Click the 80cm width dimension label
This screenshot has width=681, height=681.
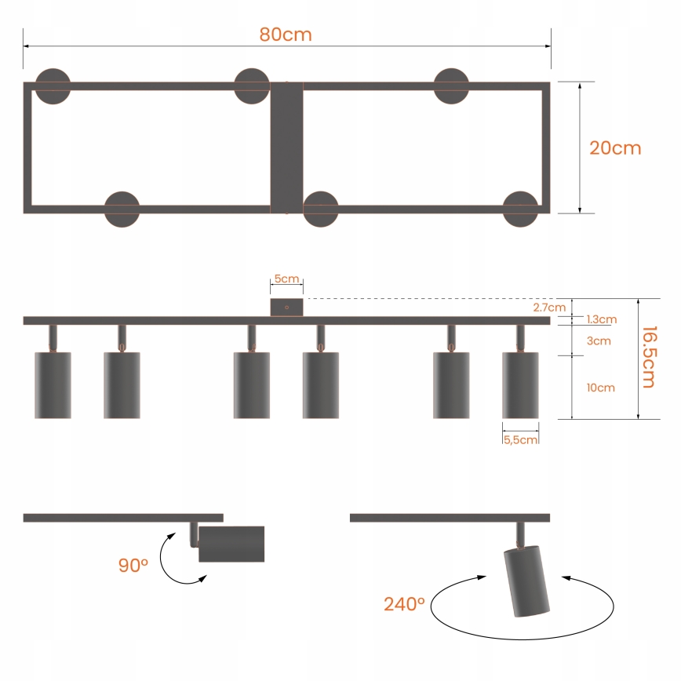pos(286,35)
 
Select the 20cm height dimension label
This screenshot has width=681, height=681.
pos(615,148)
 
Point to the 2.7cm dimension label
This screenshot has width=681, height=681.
pos(549,307)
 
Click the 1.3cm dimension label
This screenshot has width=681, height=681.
pos(601,319)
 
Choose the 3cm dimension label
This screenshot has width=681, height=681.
pos(598,341)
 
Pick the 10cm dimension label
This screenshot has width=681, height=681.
pos(600,388)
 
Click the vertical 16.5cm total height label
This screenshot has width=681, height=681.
pos(648,357)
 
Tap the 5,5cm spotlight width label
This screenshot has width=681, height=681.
pos(520,440)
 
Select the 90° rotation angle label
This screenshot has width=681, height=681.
pos(133,565)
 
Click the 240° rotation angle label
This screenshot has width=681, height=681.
pos(404,604)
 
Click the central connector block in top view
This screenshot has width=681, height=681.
pos(286,148)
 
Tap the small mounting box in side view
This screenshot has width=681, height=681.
pos(286,307)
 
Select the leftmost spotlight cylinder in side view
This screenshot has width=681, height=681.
pos(53,385)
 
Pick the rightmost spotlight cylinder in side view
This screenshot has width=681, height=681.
pos(520,385)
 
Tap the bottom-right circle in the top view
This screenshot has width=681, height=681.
pos(520,209)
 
